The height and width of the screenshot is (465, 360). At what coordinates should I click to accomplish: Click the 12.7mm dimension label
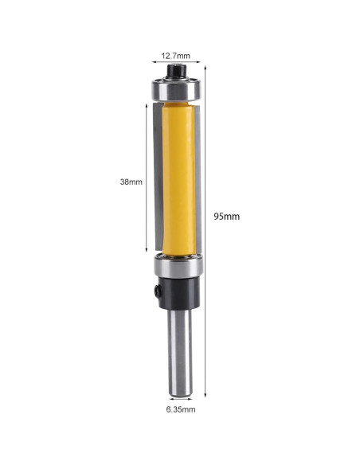(x=176, y=56)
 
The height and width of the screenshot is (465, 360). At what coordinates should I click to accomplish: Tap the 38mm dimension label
(x=131, y=182)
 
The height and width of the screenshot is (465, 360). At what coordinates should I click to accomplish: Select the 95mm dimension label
(x=226, y=216)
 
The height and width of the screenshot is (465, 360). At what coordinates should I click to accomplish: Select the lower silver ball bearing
(x=176, y=267)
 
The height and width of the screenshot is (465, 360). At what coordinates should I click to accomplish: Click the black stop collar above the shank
(x=177, y=294)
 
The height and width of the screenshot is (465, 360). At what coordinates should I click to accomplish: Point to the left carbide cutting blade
(x=156, y=179)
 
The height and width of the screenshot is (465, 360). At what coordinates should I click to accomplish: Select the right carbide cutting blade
(x=199, y=179)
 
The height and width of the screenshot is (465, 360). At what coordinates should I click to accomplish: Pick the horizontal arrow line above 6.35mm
(x=178, y=400)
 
